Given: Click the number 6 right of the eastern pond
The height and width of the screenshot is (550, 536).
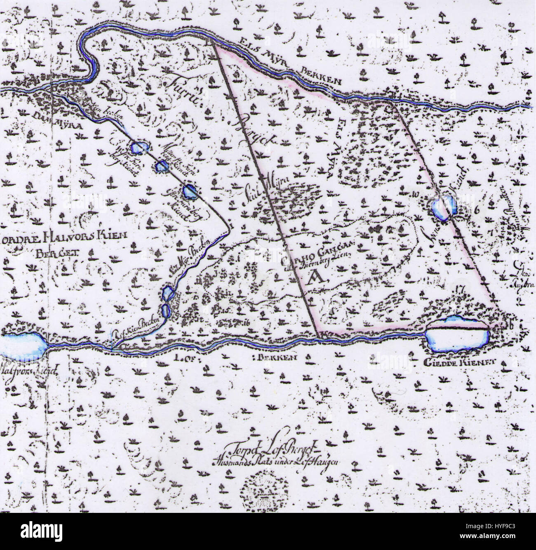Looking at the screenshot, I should [478, 209].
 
